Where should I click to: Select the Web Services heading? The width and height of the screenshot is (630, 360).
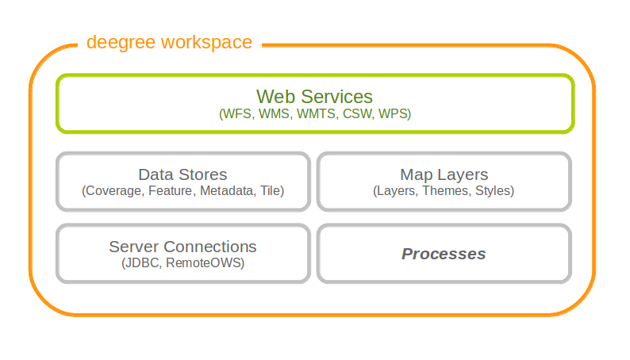314,97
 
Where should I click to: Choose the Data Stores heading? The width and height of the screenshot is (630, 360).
182,174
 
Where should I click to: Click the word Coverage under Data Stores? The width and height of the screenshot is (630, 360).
113,191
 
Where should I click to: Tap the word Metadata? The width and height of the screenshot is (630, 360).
228,190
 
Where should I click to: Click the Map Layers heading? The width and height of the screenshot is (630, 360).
444,175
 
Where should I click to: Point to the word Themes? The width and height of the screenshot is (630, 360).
447,190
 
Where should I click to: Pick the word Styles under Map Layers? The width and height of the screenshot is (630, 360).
494,191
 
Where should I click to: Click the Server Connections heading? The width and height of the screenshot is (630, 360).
182,247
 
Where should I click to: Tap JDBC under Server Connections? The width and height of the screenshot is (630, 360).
141,263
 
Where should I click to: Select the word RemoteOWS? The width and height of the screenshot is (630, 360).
205,263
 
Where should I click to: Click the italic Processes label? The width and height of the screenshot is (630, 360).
444,254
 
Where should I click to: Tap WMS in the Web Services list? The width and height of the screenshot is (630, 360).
275,114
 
